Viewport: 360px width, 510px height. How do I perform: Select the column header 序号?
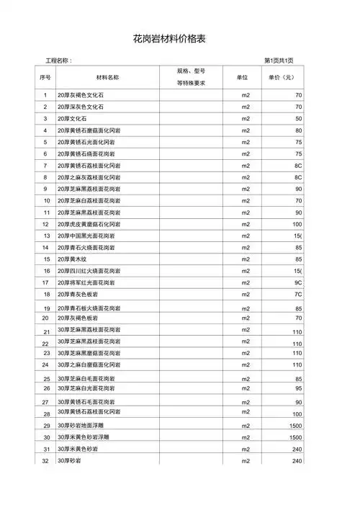pyautogui.click(x=45, y=77)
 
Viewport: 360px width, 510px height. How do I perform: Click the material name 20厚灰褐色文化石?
pyautogui.click(x=81, y=95)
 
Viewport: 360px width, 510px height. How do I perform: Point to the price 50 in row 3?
pyautogui.click(x=298, y=118)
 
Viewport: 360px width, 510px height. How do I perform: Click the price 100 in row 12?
pyautogui.click(x=296, y=224)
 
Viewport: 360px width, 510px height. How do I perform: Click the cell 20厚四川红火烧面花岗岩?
pyautogui.click(x=89, y=271)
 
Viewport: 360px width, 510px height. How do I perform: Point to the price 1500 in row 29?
pyautogui.click(x=295, y=426)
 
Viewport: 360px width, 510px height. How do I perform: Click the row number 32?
pyautogui.click(x=45, y=461)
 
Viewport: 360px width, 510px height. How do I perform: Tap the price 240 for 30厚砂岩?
pyautogui.click(x=297, y=461)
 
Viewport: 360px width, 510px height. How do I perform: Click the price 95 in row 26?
pyautogui.click(x=298, y=388)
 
